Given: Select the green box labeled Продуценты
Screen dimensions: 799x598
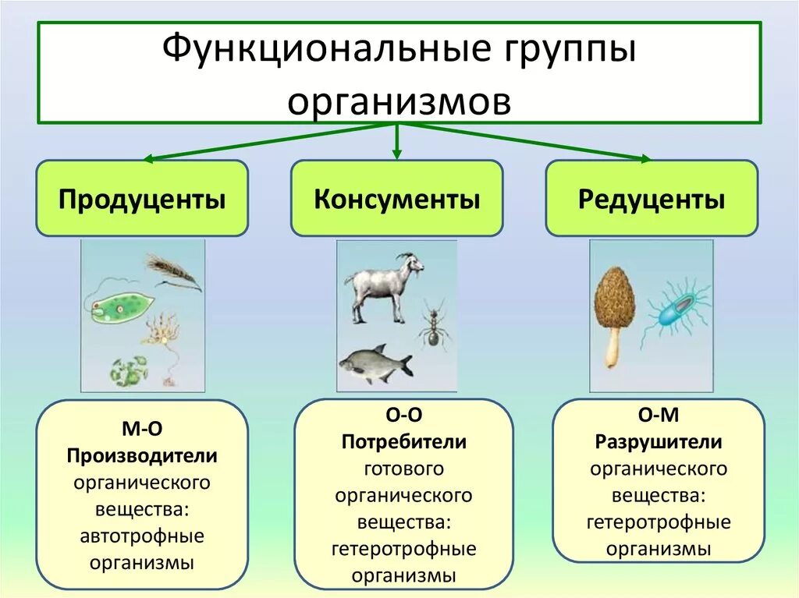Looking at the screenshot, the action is click(142, 200).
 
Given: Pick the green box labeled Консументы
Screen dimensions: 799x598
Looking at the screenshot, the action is click(396, 200).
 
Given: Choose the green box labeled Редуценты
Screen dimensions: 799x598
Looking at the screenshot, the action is click(652, 200).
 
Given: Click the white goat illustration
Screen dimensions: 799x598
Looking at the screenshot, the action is click(382, 285).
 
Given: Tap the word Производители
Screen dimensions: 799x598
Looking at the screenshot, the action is click(142, 455).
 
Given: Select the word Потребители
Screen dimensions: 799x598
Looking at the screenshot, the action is click(403, 442).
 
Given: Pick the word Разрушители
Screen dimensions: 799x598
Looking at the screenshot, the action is click(659, 442).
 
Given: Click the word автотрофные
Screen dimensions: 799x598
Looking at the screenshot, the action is click(142, 536).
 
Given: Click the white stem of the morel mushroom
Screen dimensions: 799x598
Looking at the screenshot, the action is click(613, 349).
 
